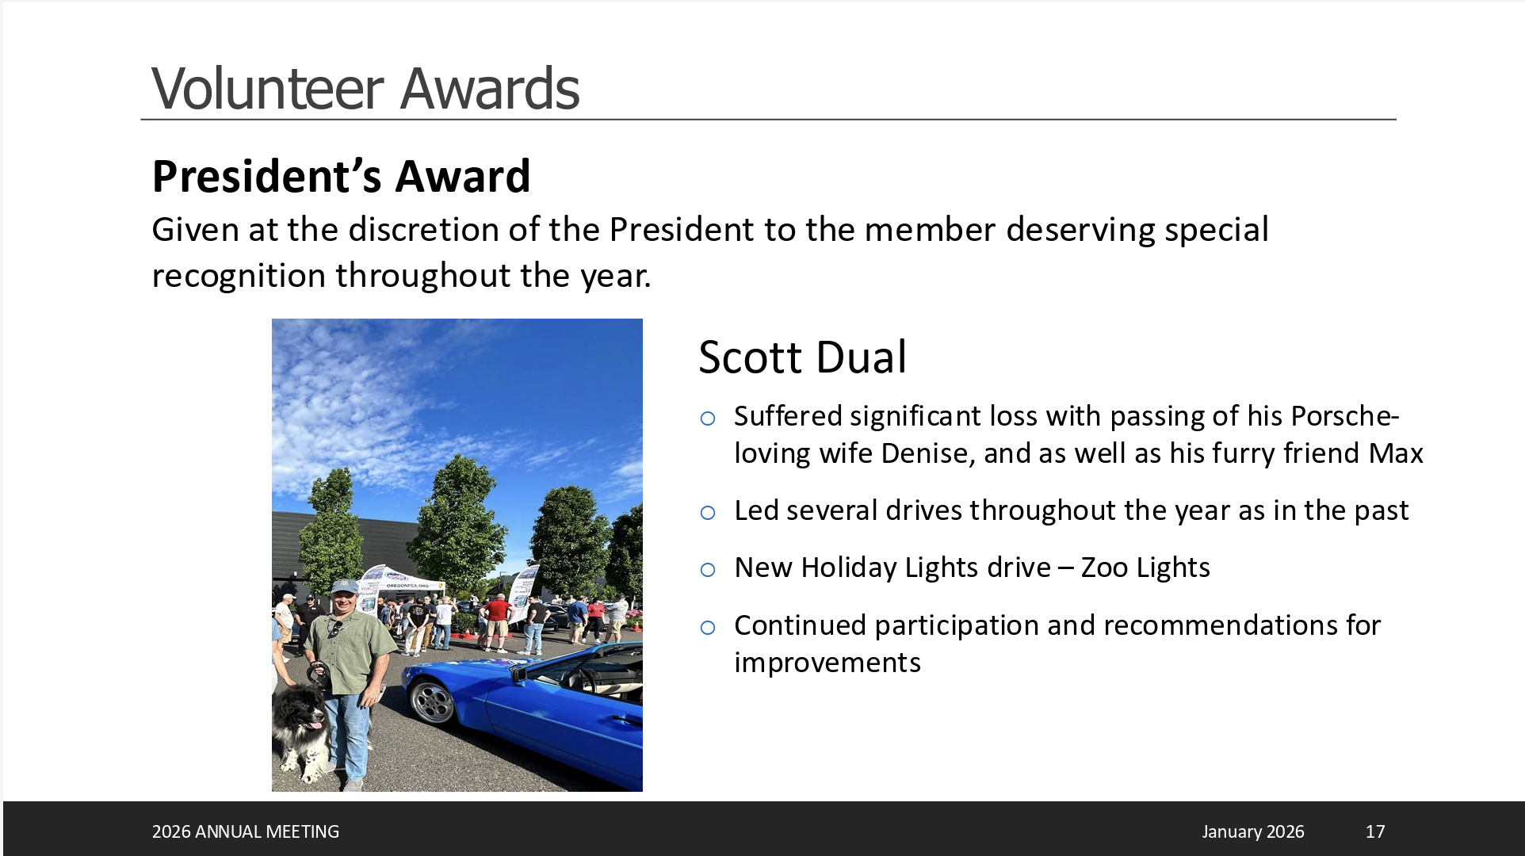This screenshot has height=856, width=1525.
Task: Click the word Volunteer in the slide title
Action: (x=268, y=88)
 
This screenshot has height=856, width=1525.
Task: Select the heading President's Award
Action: (x=341, y=176)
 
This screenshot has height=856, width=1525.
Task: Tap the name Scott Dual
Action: (x=802, y=357)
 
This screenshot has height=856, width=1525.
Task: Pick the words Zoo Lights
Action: (x=1145, y=567)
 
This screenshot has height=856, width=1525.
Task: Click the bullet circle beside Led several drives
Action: (x=708, y=513)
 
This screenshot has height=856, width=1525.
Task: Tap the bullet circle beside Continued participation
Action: (x=708, y=628)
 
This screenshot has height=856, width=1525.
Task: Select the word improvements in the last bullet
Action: (x=827, y=663)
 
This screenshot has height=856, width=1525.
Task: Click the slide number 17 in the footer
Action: (x=1375, y=831)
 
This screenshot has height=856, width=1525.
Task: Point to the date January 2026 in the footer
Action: (x=1252, y=831)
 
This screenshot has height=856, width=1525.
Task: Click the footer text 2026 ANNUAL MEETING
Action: (x=246, y=831)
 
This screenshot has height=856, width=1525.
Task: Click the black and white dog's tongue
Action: (x=316, y=724)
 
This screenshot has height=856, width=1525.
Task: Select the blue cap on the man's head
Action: (x=344, y=587)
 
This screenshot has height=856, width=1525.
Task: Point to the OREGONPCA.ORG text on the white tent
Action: (x=408, y=586)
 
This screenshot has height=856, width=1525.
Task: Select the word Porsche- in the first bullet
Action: (x=1345, y=416)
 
